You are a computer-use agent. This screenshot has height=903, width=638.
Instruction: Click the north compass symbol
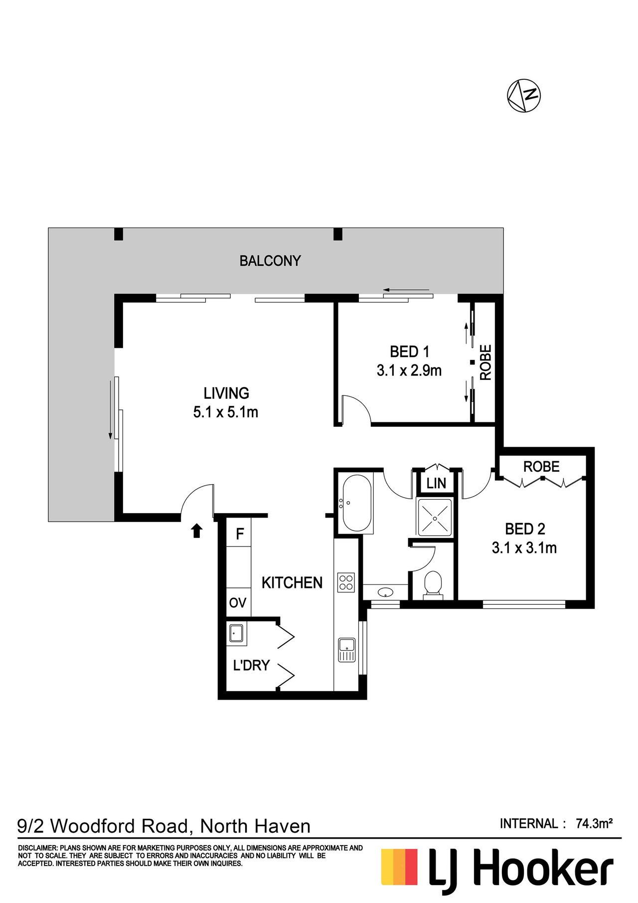[524, 95]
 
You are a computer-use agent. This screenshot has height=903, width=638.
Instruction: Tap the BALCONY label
[270, 261]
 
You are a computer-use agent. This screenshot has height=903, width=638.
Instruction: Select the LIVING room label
[226, 393]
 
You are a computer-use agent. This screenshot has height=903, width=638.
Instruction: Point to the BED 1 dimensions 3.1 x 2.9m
[409, 370]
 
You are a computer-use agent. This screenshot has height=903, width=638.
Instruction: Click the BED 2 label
[525, 529]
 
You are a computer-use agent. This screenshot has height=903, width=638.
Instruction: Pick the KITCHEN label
[292, 582]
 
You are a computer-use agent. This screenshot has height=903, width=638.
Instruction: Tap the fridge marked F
[240, 534]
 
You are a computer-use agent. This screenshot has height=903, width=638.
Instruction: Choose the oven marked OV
[238, 603]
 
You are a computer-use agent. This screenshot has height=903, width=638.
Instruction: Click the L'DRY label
[251, 665]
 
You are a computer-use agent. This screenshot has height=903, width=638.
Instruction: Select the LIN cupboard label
[436, 483]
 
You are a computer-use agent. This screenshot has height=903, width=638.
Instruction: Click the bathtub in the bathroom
[356, 503]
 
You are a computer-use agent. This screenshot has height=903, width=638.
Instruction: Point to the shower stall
[435, 518]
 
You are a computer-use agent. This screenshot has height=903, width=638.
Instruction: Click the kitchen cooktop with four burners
[346, 582]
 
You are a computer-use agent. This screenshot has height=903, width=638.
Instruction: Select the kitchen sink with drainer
[347, 650]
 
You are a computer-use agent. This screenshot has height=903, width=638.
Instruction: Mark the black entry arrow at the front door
[197, 531]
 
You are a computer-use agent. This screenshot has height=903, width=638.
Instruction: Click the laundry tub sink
[236, 633]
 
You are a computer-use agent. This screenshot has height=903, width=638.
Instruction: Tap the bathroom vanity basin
[385, 592]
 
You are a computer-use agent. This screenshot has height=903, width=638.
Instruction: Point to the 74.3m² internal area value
[594, 824]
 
